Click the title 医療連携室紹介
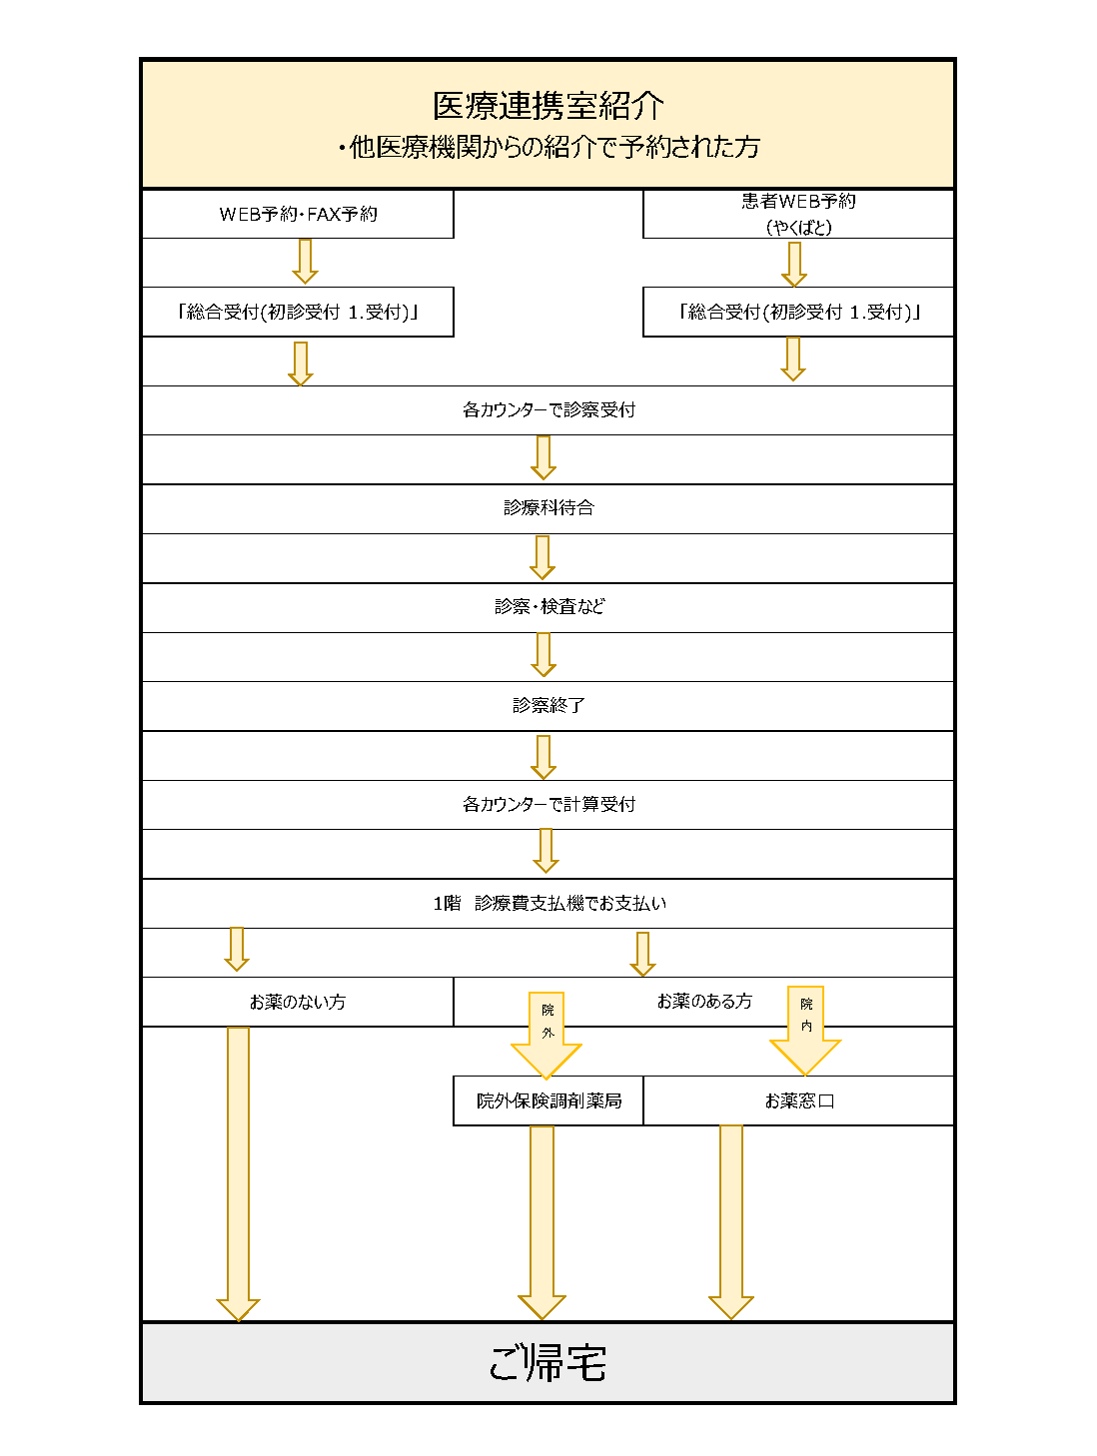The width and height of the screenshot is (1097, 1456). click(548, 105)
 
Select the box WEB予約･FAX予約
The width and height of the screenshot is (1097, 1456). click(298, 214)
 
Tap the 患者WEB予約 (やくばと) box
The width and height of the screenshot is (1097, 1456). click(798, 214)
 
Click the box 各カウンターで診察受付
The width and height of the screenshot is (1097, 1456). click(548, 410)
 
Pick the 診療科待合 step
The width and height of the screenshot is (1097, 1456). click(548, 508)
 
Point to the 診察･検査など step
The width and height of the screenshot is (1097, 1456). click(548, 607)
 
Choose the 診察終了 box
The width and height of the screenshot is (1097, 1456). click(548, 706)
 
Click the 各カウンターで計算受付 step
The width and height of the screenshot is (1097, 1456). click(548, 805)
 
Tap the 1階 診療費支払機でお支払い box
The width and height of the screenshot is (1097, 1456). click(548, 904)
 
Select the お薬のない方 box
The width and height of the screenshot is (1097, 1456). click(298, 1002)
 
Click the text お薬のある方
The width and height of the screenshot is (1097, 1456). click(704, 1002)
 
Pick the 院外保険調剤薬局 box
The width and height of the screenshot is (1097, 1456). click(548, 1100)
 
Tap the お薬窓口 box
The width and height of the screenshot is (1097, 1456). click(799, 1100)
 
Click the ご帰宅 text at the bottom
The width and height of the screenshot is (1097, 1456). click(548, 1363)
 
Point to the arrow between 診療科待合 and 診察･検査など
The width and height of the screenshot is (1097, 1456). click(543, 557)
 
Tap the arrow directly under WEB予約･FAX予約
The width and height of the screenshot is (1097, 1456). click(306, 262)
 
